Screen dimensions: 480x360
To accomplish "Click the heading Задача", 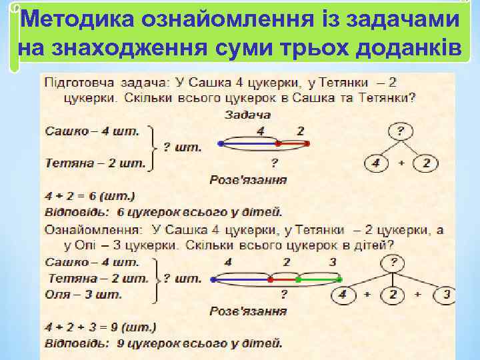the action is [248, 115].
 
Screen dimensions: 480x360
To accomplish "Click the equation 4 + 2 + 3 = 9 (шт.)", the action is [101, 327].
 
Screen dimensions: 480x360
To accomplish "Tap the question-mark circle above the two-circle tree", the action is [400, 131].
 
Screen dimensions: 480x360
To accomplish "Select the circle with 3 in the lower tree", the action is [447, 295].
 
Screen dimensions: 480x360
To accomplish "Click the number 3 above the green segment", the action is [332, 262].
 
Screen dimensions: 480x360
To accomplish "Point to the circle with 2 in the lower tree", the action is [395, 295].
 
